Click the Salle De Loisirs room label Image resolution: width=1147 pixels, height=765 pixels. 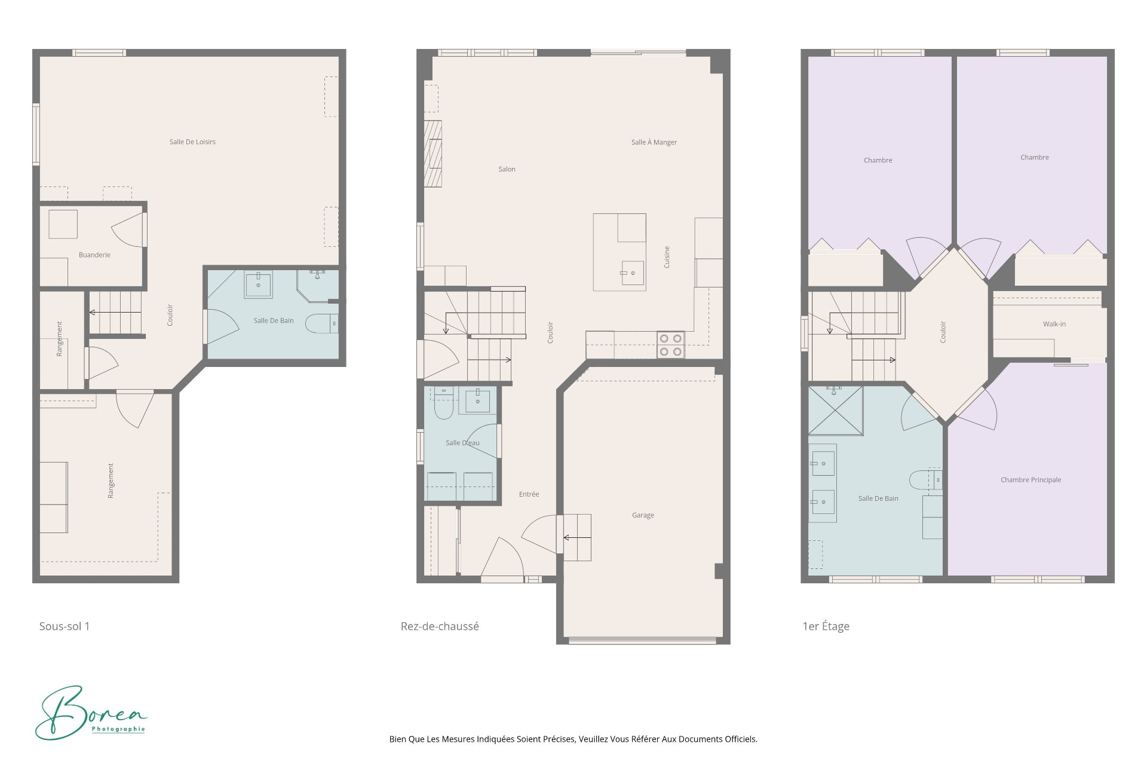click(192, 142)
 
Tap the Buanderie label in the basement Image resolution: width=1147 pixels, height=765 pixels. click(94, 255)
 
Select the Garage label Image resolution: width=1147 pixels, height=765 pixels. click(643, 515)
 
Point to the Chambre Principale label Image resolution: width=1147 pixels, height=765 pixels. click(1031, 480)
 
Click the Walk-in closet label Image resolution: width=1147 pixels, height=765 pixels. click(1054, 324)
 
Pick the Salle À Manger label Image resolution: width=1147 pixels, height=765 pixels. click(654, 142)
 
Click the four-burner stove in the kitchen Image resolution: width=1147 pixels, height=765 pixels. click(671, 345)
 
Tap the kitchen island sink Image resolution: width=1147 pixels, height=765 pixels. click(632, 273)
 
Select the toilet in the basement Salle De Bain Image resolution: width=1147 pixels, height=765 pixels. click(322, 323)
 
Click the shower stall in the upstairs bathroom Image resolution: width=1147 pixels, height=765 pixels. click(836, 410)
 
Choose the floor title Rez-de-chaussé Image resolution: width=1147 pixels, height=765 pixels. click(440, 626)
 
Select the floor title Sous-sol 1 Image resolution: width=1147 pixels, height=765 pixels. click(65, 626)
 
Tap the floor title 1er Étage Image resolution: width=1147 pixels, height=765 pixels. click(826, 626)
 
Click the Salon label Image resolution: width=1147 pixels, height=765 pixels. click(507, 169)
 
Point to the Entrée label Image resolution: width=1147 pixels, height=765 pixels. click(529, 494)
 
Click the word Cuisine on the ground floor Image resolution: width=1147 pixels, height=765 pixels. click(667, 257)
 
